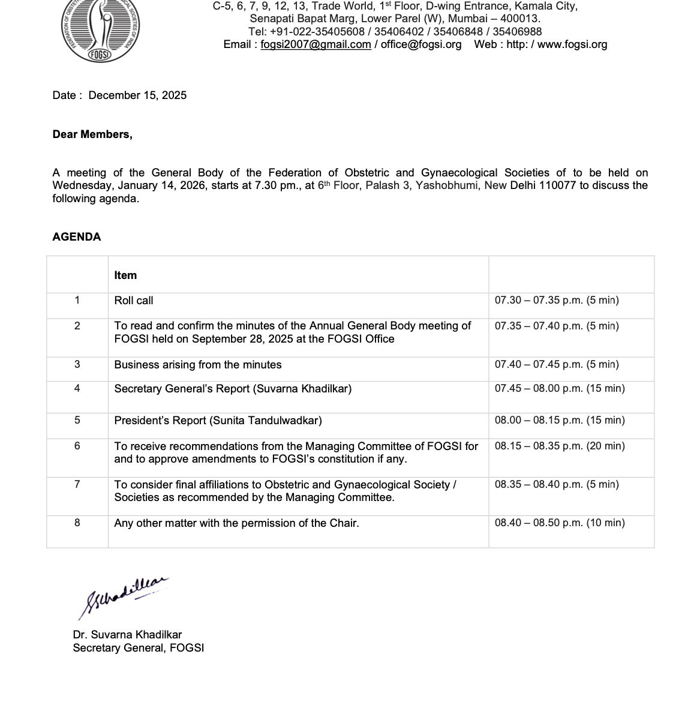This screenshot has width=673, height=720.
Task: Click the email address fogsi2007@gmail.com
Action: pos(316,44)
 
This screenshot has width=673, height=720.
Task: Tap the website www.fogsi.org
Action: pos(572,44)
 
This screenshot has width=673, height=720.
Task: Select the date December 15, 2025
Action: pos(137,95)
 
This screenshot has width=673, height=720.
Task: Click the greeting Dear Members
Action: pos(92,134)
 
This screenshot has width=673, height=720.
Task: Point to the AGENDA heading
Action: pos(77,237)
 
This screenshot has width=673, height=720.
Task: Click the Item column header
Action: pos(125,275)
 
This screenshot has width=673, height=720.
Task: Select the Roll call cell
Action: pos(134,301)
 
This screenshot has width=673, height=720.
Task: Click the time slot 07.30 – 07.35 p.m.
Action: pos(557,301)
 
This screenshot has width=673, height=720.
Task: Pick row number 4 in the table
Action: pos(77,388)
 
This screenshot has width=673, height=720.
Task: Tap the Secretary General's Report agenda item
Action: pos(233,389)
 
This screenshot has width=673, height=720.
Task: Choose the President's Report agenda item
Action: pos(218,421)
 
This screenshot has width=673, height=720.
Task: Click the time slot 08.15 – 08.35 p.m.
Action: pos(560,446)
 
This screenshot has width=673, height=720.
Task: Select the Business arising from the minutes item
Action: pos(198,365)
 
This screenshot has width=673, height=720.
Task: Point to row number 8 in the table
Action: pos(77,523)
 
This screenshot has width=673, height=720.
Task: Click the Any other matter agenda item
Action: pos(236,523)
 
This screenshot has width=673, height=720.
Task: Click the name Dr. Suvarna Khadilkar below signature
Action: pos(127,635)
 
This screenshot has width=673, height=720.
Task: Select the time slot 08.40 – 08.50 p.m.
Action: pos(560,523)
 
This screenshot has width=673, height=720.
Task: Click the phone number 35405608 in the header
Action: pos(339,31)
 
